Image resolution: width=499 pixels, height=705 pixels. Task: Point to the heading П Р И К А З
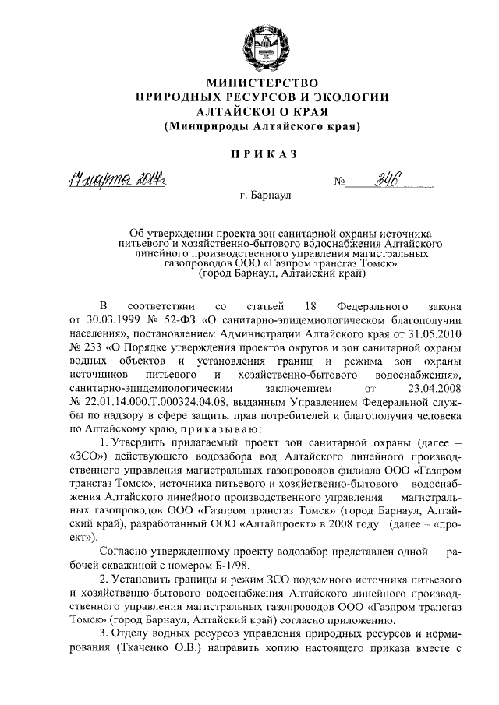point(264,155)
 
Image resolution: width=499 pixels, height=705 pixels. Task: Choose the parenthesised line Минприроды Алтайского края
point(263,125)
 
